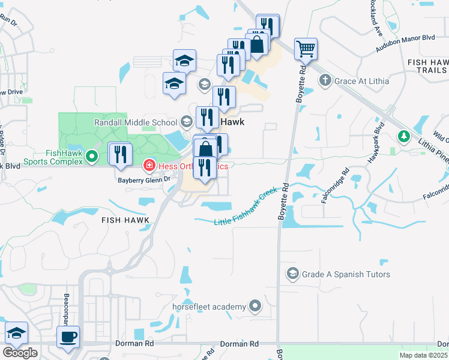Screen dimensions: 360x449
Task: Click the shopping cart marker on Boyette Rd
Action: (306, 50)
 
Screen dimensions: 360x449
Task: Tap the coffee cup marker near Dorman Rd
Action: (68, 337)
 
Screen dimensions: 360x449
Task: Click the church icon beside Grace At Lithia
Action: (325, 80)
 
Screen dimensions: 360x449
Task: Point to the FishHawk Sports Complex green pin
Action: (91, 158)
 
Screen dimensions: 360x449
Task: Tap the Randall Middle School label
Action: (136, 122)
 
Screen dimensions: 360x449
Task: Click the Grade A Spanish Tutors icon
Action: (293, 274)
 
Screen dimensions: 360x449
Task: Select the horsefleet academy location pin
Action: (255, 307)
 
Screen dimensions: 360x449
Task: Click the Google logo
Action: (20, 353)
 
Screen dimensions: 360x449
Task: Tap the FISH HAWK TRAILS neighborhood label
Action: (427, 67)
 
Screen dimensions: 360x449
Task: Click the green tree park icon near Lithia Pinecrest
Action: (405, 137)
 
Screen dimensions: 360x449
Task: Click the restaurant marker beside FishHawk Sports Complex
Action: (119, 155)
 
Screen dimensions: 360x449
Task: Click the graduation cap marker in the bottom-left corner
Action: (17, 334)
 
